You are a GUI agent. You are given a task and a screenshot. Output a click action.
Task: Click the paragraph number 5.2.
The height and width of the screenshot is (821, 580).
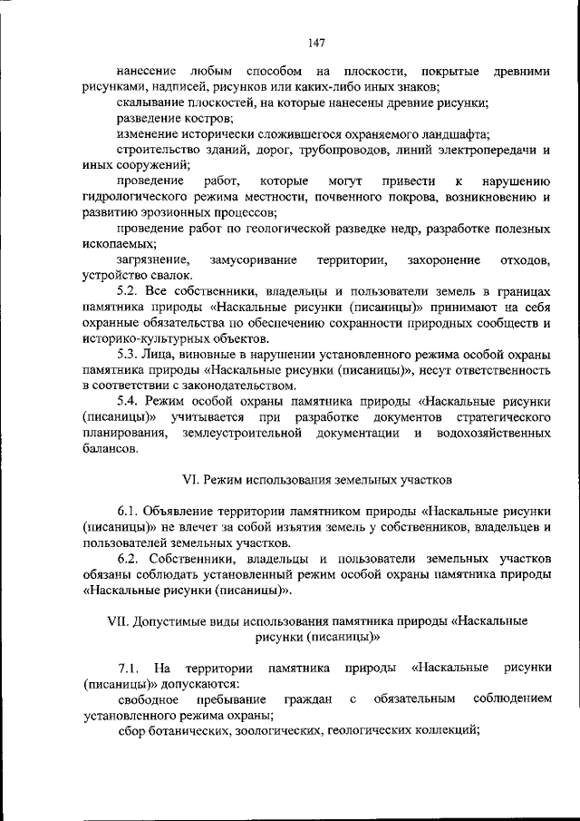click(129, 292)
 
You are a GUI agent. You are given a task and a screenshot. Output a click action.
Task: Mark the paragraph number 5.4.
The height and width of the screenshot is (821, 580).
click(129, 400)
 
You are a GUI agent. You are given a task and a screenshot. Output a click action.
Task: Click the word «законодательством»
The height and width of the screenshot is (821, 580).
click(230, 385)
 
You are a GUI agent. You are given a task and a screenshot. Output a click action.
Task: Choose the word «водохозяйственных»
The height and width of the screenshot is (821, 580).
click(497, 433)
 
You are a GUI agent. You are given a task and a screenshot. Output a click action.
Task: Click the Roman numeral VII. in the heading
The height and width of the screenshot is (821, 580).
click(119, 621)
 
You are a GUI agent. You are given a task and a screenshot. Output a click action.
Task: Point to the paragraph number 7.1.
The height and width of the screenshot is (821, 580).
click(129, 668)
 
